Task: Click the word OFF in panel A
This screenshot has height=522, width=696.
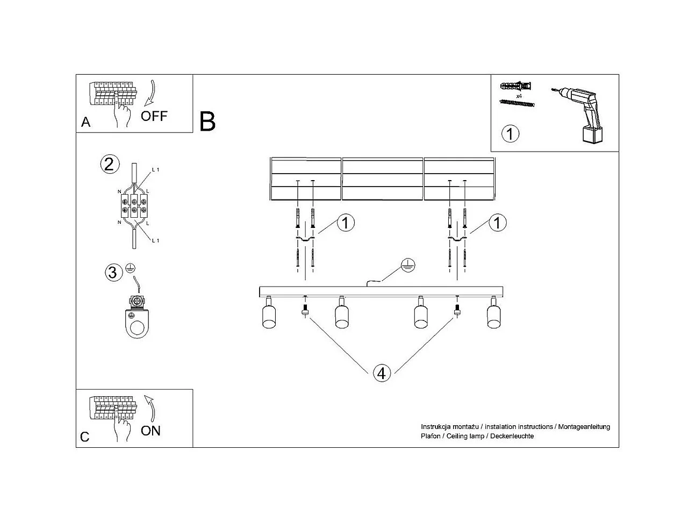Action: (x=154, y=116)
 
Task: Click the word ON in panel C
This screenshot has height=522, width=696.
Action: (x=150, y=431)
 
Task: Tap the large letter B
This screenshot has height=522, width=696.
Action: (x=207, y=121)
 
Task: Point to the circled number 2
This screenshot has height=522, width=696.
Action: (x=109, y=164)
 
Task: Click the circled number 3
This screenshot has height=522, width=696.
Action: (x=112, y=273)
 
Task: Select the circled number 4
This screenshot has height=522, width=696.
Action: (x=382, y=373)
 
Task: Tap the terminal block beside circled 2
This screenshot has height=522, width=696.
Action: (x=134, y=206)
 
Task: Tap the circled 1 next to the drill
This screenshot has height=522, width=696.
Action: (x=510, y=133)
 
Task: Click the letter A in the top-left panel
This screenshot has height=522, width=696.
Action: (x=85, y=123)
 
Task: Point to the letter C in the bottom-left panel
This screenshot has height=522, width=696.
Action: (x=85, y=437)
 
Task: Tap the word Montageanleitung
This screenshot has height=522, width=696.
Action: (x=584, y=427)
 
